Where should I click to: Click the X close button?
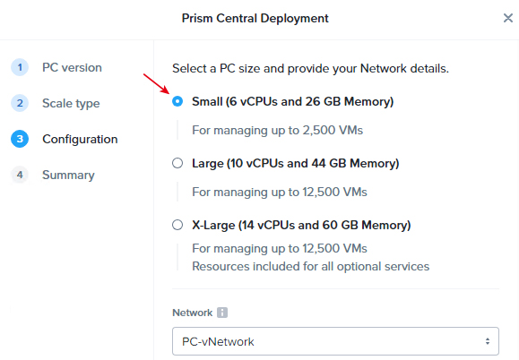pos(507,18)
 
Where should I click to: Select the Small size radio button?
pos(177,101)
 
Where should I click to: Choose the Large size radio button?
pos(177,163)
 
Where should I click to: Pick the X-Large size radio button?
pos(177,225)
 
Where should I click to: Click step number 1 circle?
pos(20,67)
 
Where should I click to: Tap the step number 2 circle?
pos(20,103)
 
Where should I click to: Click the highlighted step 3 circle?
pos(20,139)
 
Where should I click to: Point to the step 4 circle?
pos(20,175)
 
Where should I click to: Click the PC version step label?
pos(72,67)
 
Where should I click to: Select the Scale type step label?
pos(71,104)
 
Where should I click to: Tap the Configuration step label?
pos(80,139)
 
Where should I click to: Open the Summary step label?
pos(68,175)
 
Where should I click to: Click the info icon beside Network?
pos(222,313)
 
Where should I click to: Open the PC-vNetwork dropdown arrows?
pos(488,341)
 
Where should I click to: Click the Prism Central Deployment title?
pos(255,18)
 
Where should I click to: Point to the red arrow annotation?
pos(156,83)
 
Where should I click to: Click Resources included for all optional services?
pos(310,267)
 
